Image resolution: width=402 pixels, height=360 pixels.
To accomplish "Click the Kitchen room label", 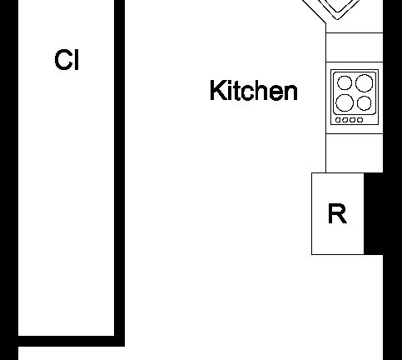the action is point(254,90).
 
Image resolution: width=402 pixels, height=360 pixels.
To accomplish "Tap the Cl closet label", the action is point(67,60).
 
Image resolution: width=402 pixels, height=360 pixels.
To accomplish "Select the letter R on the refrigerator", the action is point(337,213).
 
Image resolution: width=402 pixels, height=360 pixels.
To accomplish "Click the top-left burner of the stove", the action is point(345,82).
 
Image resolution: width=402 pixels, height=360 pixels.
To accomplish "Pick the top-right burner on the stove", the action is point(365,82).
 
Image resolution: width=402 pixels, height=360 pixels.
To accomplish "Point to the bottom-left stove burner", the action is point(345,102).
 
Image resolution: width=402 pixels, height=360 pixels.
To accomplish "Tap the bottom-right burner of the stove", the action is point(365,103).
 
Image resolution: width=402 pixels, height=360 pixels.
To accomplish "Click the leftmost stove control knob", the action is point(338,120).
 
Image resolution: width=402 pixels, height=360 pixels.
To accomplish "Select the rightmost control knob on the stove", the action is point(360,120).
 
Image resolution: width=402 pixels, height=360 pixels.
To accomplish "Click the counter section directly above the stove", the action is point(355,47).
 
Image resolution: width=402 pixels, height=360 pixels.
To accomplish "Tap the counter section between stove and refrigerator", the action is point(355,153).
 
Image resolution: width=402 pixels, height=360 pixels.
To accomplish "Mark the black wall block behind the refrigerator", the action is point(374,213).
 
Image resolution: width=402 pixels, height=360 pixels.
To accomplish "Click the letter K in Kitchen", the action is point(217,90).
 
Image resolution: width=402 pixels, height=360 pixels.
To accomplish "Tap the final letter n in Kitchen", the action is point(290,92).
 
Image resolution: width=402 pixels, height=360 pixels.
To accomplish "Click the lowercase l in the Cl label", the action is point(77,60).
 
